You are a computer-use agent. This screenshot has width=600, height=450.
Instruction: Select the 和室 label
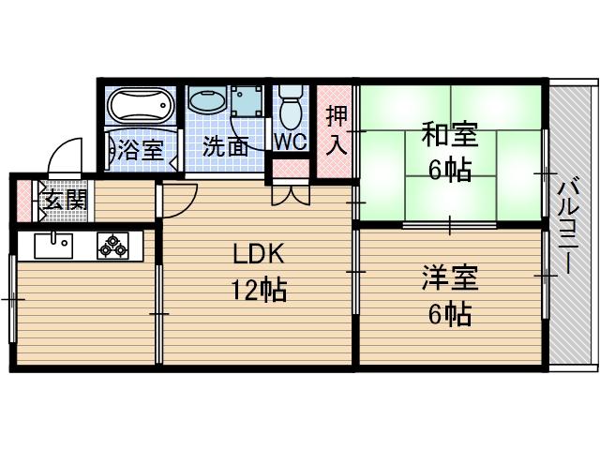click(449, 136)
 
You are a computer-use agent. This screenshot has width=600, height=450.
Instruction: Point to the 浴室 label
click(140, 149)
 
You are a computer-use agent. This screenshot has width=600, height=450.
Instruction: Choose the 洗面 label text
click(225, 147)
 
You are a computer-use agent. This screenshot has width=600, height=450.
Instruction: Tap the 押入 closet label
click(336, 130)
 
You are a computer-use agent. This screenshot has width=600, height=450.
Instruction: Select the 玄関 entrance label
click(64, 200)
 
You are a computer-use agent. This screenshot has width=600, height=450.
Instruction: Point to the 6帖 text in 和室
click(449, 172)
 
